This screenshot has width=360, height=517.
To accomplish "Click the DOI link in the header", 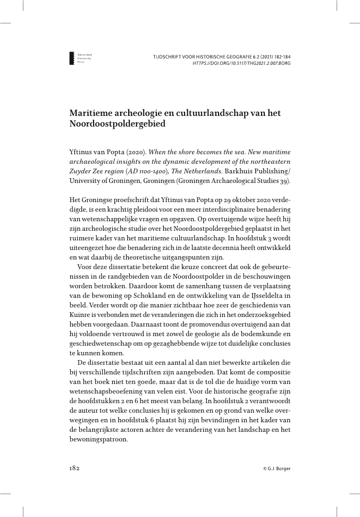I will [x=241, y=63].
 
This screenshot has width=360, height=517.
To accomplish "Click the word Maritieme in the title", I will [x=91, y=113].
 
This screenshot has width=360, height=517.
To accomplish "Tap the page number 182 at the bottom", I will [x=74, y=469].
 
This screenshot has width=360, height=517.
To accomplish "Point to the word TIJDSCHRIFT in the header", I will [x=167, y=56].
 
